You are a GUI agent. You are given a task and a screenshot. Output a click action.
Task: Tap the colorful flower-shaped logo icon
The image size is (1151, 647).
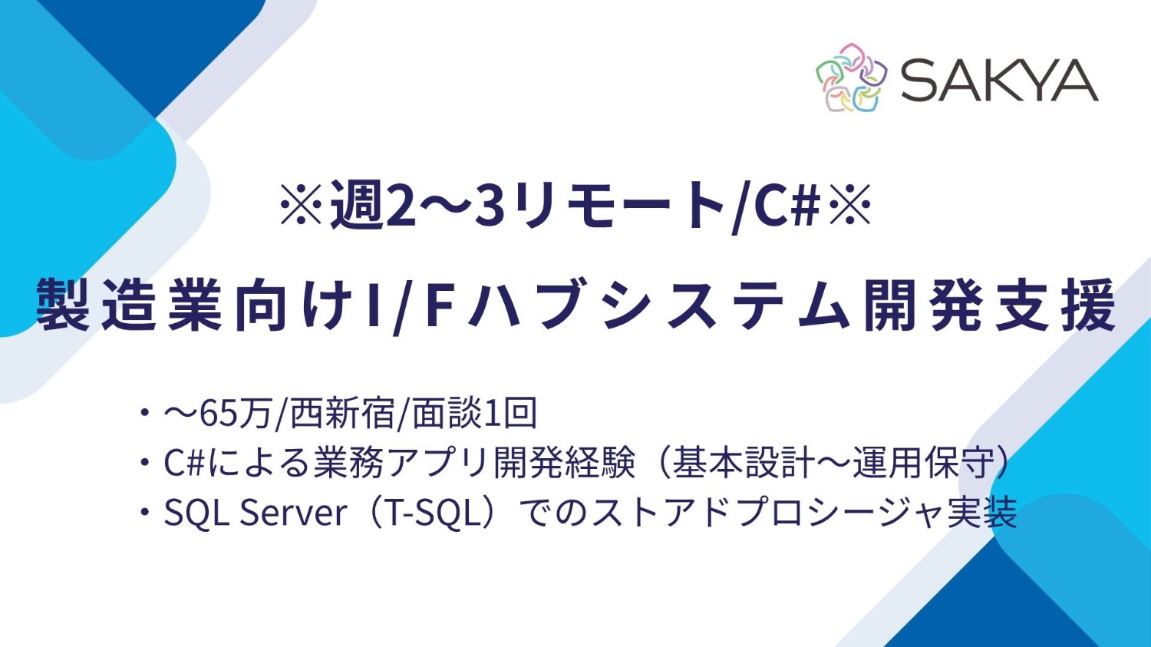(x=851, y=78)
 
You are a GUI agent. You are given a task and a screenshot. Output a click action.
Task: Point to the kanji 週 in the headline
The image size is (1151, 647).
(x=358, y=207)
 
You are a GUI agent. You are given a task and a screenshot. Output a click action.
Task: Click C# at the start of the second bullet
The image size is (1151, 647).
(x=183, y=463)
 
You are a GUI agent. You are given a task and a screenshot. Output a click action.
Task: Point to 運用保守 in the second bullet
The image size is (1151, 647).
(x=930, y=463)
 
